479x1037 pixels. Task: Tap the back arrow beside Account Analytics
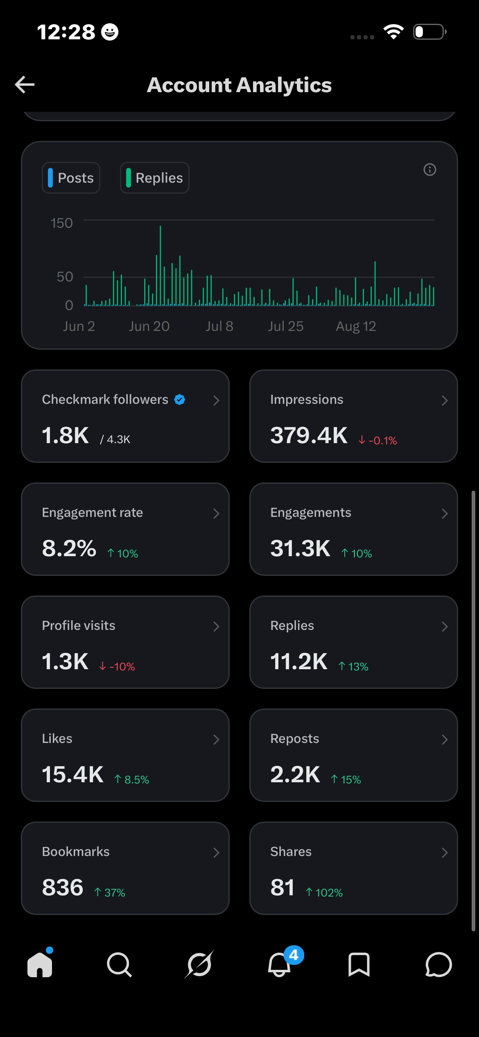coord(25,85)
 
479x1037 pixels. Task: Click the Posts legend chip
coord(71,178)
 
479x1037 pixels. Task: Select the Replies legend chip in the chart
coord(155,178)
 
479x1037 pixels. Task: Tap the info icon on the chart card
coord(429,170)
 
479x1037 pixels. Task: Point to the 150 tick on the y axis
coord(62,223)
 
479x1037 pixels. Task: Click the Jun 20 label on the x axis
coord(149,326)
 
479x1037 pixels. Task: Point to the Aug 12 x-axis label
coord(356,326)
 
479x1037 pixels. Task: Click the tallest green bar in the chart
coord(160,265)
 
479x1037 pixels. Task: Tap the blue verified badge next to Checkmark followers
coord(179,399)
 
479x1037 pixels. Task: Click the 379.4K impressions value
coord(309,435)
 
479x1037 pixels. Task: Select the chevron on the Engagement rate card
coord(217,514)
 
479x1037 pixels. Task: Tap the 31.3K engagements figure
coord(300,548)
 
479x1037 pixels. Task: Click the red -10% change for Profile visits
coord(117,667)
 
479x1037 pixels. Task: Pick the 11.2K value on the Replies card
coord(299,661)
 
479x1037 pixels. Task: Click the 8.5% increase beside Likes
coord(132,780)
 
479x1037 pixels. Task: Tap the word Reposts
coord(295,738)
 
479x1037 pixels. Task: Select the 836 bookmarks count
coord(63,888)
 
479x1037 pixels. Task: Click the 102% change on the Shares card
coord(324,893)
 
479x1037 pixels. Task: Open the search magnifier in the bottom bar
coord(119,965)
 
